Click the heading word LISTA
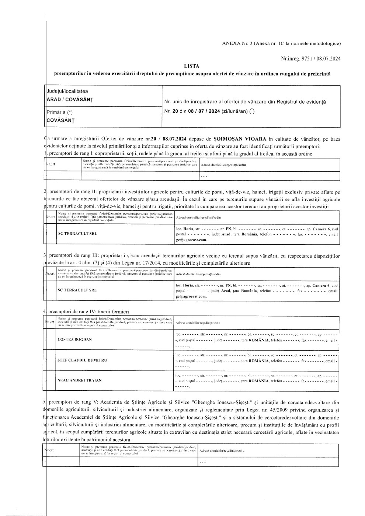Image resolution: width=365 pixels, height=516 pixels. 192,66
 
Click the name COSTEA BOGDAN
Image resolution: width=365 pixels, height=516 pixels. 75,339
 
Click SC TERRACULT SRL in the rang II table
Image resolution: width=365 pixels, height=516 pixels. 77,234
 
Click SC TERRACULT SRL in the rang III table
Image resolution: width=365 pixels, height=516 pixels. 77,290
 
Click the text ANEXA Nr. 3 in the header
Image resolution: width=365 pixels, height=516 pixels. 236,43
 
